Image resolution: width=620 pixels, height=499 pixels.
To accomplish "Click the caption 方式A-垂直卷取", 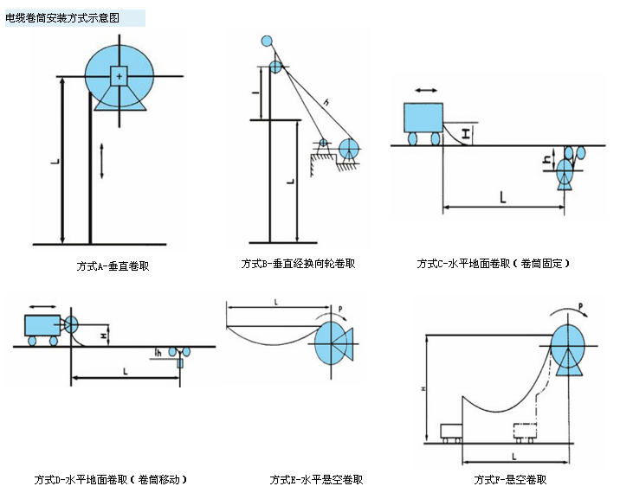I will (113, 265).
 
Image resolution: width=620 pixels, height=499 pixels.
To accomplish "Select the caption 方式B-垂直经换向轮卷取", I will (298, 264).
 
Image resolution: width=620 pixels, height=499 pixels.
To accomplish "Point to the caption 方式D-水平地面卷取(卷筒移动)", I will (111, 479).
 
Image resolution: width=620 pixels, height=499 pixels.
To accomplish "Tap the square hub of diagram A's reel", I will (119, 76).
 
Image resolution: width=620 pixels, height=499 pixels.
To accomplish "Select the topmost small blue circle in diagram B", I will (267, 41).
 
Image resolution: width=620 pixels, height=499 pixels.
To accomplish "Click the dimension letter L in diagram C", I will (503, 197).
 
